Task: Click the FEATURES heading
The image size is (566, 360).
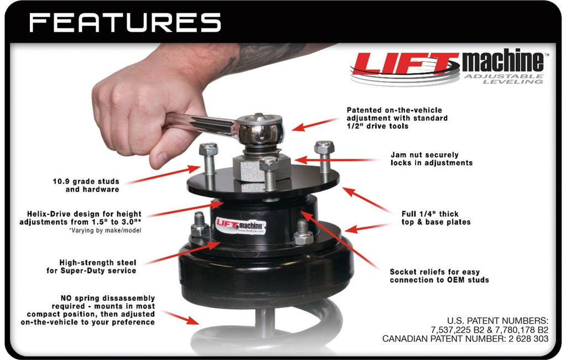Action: tap(125, 22)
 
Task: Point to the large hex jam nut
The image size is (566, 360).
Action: tap(261, 168)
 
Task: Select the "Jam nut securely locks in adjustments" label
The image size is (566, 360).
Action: tap(431, 159)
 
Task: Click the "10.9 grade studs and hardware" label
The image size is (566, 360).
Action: tap(86, 185)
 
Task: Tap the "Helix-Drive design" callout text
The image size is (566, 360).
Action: tap(81, 218)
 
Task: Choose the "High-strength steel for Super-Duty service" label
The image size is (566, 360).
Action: tap(91, 267)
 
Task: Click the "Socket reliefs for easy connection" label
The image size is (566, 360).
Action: tap(439, 276)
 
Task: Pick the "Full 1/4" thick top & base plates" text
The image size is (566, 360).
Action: tap(436, 218)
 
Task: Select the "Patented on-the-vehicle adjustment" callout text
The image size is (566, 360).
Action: tap(397, 118)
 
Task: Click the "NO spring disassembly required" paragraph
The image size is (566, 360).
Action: tap(88, 310)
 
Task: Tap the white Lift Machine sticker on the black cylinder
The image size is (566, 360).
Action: tap(241, 225)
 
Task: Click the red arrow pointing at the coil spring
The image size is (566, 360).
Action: tap(181, 317)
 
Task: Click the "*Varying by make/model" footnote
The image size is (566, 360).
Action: tap(105, 231)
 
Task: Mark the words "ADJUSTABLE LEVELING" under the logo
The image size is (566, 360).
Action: tap(504, 79)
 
